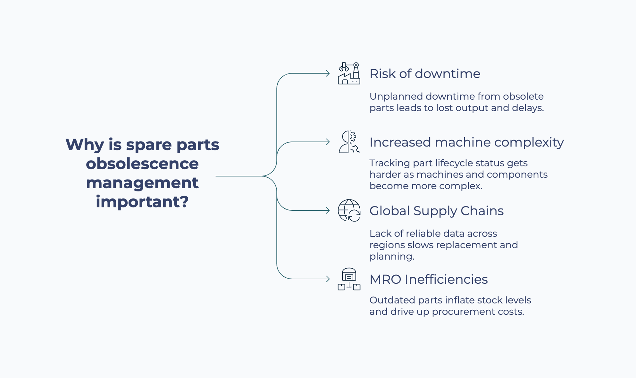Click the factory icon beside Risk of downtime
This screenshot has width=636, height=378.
tap(349, 73)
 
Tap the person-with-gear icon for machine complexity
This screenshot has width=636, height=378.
tap(349, 142)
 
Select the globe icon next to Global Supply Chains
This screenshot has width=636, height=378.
tap(349, 210)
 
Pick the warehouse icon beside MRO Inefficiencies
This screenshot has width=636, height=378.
tap(349, 279)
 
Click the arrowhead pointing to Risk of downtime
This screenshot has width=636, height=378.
tap(328, 73)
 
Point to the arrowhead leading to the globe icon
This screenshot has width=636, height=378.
tap(328, 210)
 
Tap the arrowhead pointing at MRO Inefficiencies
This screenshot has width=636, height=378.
tap(328, 279)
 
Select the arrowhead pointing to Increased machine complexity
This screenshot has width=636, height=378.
tap(328, 142)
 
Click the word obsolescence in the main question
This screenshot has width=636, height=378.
tap(142, 164)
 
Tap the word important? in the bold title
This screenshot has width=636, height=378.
tap(142, 202)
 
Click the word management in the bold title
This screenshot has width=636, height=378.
tap(142, 183)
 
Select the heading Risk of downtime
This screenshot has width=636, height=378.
tap(425, 74)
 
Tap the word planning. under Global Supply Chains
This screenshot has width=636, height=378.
tap(392, 256)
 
